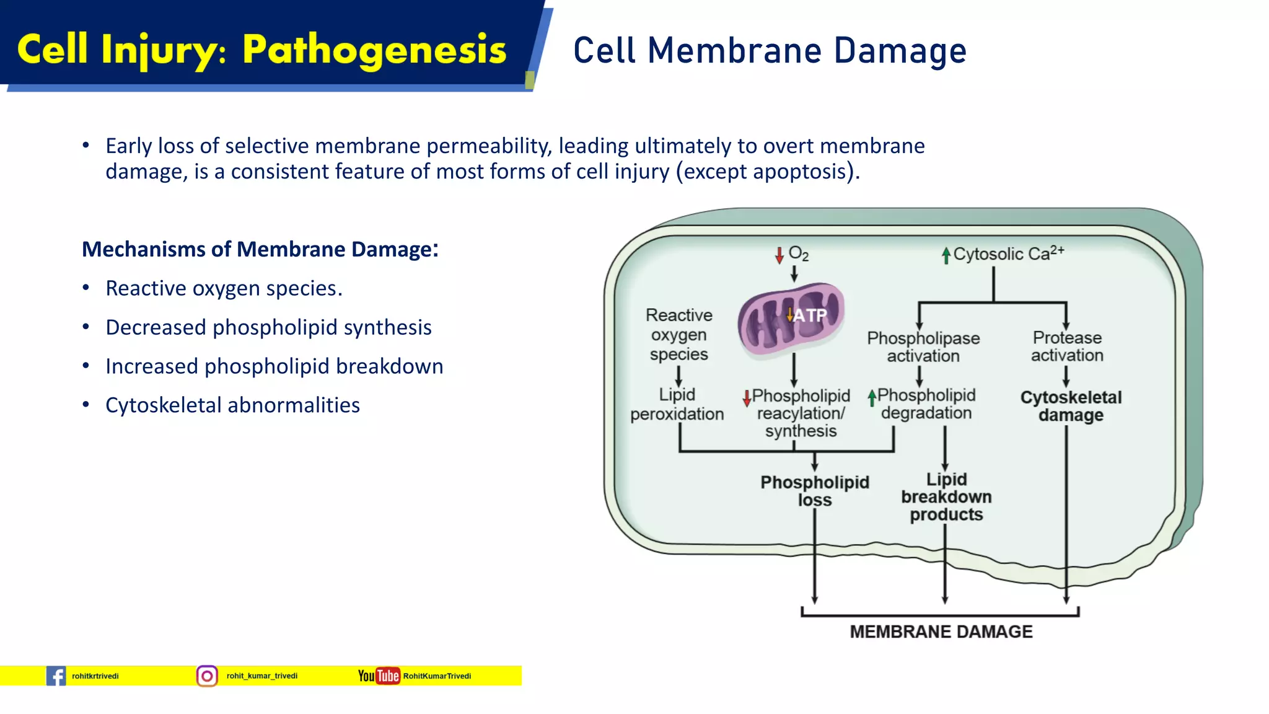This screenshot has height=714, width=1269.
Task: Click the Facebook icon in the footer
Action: pos(56,676)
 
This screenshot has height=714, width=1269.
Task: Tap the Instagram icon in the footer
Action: pos(207,676)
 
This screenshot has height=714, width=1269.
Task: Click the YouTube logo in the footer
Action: pos(379,676)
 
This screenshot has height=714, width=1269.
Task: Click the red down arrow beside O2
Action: pos(779,255)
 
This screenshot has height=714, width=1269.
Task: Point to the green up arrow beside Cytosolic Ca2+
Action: pos(946,255)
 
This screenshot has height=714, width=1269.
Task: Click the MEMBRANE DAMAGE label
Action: pos(941,632)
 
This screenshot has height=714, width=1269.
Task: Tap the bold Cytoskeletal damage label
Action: pos(1071,406)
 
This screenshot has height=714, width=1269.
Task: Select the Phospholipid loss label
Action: pos(814,491)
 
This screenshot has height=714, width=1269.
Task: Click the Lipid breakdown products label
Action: pos(946,496)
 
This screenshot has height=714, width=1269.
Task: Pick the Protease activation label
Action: pos(1067,346)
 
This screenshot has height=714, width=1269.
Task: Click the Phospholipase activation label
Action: pos(923,347)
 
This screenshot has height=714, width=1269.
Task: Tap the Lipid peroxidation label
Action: pos(677,404)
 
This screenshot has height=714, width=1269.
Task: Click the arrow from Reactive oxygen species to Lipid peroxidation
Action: pos(678,376)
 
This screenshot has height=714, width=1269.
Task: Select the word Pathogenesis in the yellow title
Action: pos(374,50)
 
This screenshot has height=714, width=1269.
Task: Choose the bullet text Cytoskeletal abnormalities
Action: pos(232,405)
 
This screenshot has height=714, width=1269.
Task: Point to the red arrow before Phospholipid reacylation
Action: pos(747,397)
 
